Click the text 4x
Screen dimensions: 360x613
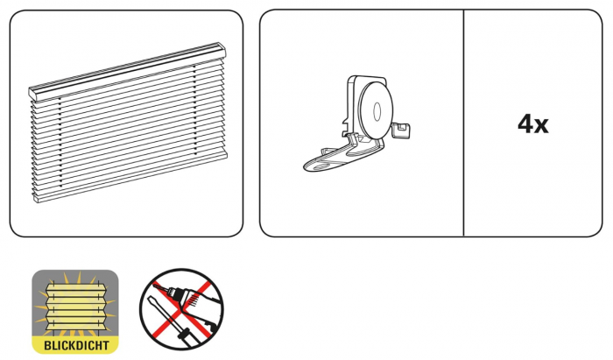532,124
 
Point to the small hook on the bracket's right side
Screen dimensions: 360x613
404,131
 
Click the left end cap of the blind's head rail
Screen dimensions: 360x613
32,92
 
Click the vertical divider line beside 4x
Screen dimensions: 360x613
463,124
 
